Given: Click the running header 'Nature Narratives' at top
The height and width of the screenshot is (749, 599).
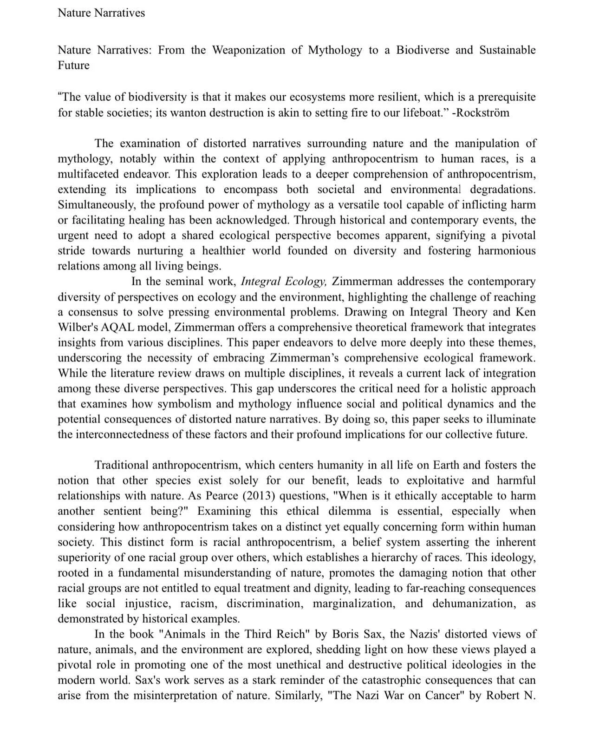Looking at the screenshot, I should click(101, 13).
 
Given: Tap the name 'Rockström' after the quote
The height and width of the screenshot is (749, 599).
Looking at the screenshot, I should click(484, 113).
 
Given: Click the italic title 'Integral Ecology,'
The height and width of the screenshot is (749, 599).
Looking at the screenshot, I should click(284, 282).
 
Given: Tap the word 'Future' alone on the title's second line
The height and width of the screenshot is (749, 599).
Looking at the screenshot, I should click(73, 66).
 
